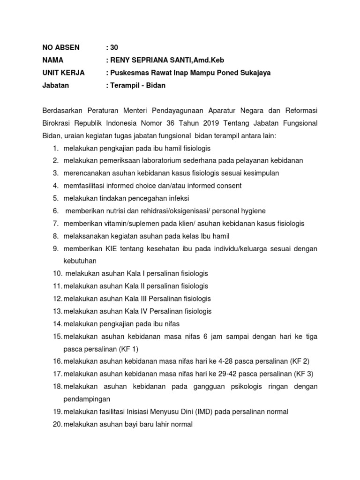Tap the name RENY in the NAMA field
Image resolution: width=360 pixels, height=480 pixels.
[121, 60]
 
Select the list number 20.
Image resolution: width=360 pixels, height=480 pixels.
[57, 424]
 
